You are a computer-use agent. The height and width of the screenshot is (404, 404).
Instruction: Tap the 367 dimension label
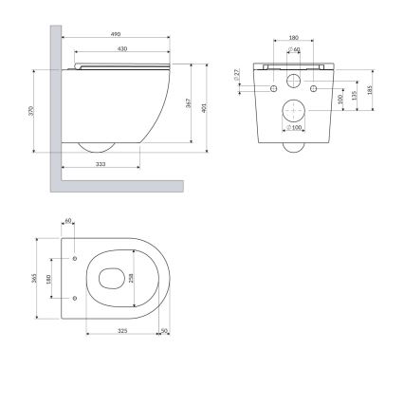191,104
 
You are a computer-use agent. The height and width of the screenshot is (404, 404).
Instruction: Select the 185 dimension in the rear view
368,89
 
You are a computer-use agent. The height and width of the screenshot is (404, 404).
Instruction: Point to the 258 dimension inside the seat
133,277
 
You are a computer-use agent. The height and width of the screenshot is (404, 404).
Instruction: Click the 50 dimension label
164,331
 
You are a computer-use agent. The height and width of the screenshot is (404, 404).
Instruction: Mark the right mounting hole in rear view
314,88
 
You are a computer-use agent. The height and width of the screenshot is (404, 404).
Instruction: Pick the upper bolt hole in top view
74,257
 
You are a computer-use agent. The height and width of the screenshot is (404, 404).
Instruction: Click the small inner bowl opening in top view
109,277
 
